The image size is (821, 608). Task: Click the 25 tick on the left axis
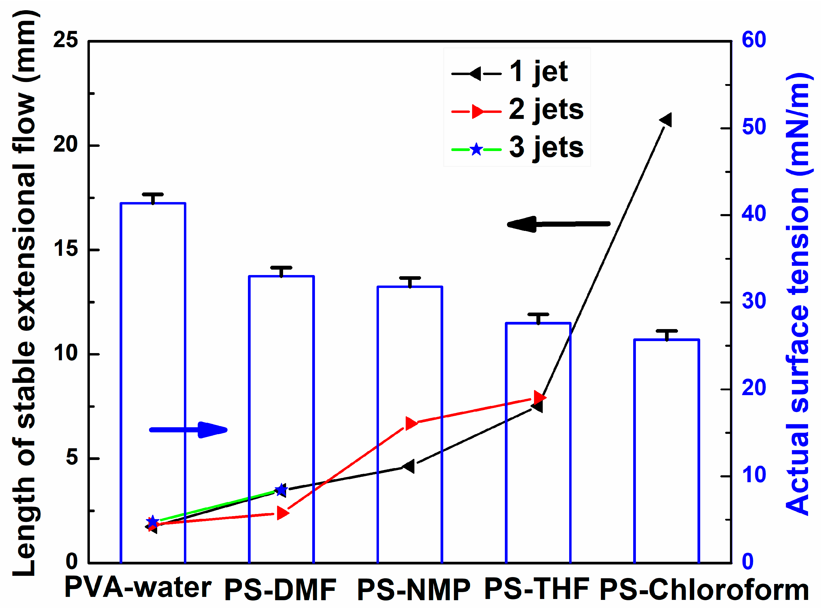[x=66, y=40]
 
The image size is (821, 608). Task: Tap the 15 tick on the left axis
[x=66, y=249]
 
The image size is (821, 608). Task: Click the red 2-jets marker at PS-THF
[x=539, y=398]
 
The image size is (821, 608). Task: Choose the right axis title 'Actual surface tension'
[x=798, y=295]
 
